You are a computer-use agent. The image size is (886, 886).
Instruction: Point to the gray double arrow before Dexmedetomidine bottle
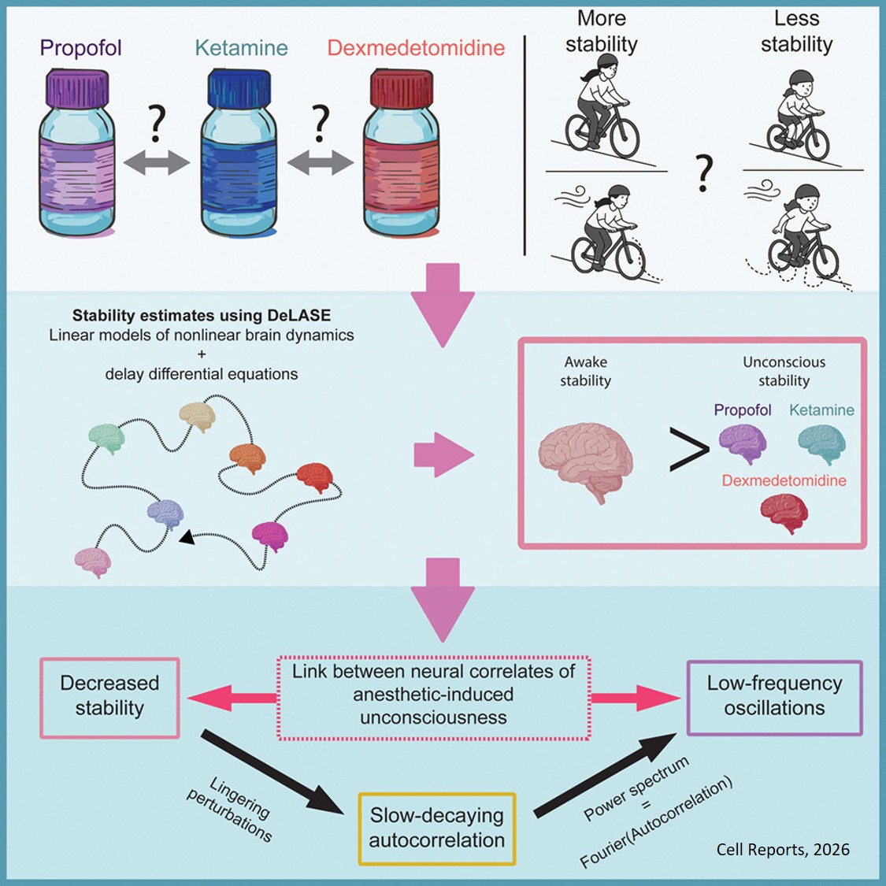(x=321, y=163)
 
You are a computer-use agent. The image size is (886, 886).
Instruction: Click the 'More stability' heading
(x=601, y=32)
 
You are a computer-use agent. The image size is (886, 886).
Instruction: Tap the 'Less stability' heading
(x=796, y=32)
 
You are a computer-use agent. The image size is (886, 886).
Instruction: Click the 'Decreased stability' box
(x=109, y=696)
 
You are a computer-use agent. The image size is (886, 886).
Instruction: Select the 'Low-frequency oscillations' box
(x=774, y=696)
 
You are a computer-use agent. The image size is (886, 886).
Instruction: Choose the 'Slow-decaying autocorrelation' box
(x=436, y=828)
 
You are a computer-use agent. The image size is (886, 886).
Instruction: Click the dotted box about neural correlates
(x=433, y=695)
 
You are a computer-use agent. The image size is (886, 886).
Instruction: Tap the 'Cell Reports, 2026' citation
(x=783, y=850)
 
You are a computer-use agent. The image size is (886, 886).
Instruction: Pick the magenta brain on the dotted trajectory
(x=270, y=536)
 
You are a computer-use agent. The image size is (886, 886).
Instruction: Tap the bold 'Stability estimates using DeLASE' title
(x=201, y=316)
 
